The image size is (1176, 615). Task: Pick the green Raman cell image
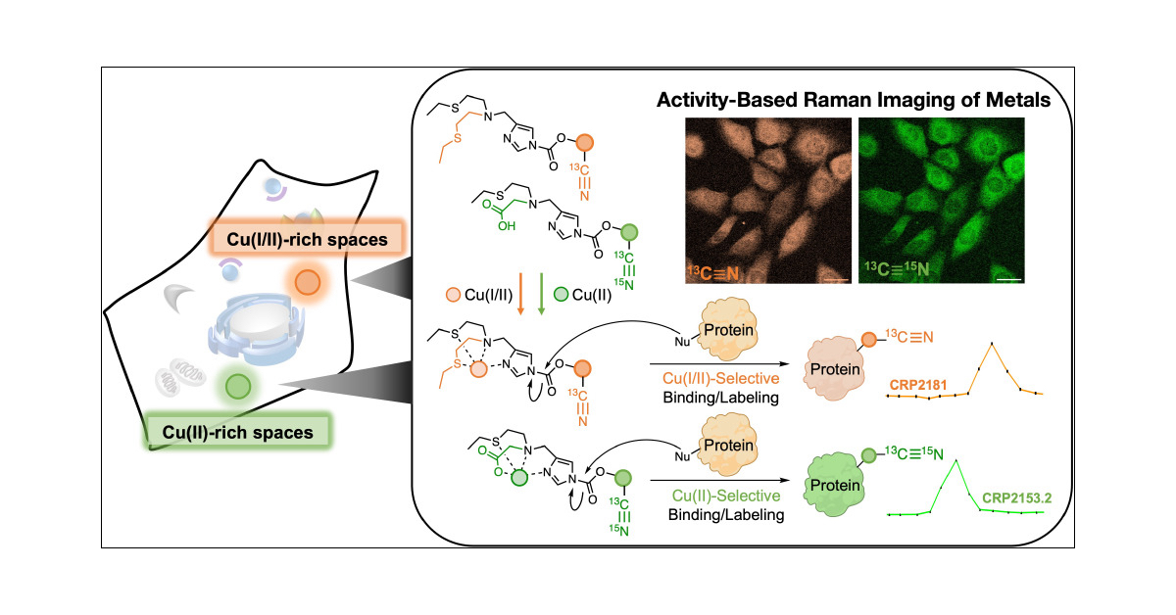pyautogui.click(x=941, y=201)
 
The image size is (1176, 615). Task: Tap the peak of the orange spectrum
pyautogui.click(x=993, y=344)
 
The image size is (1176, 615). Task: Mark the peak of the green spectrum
pyautogui.click(x=955, y=460)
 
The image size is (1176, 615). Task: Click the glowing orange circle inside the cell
pyautogui.click(x=307, y=282)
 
